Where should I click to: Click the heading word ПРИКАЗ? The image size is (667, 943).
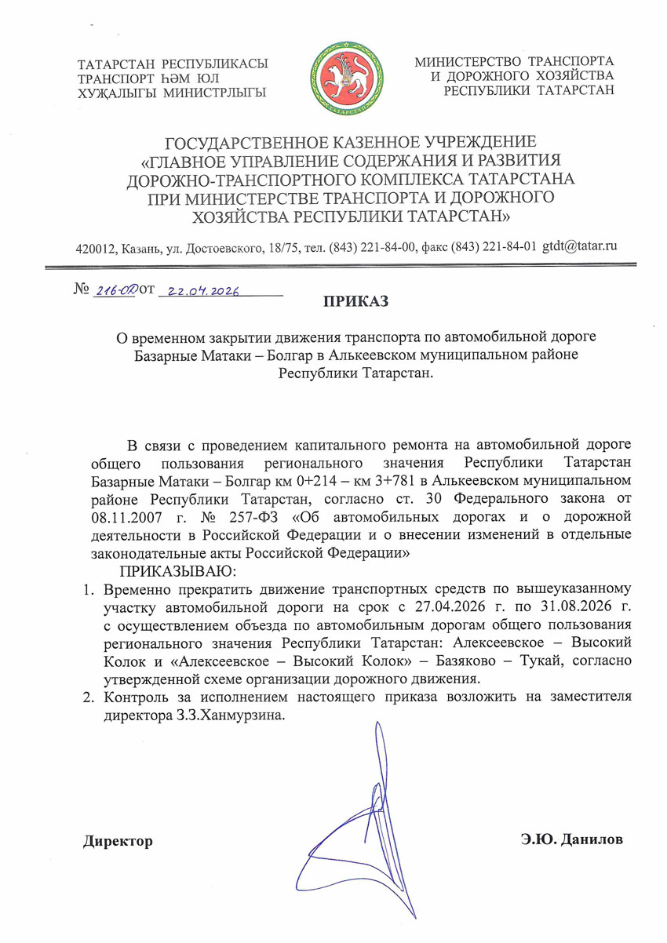click(x=355, y=300)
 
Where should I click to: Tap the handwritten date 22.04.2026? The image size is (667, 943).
click(x=199, y=291)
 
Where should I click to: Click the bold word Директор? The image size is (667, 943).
click(x=118, y=841)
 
